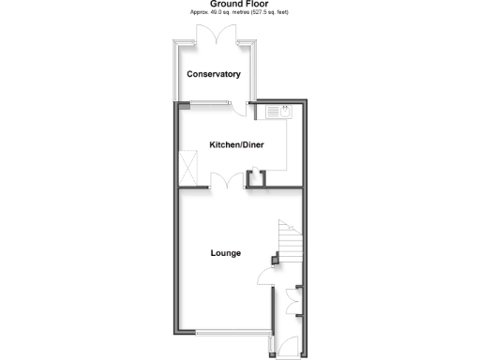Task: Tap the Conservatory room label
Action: click(x=213, y=74)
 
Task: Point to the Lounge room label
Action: click(x=225, y=253)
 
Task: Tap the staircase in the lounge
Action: click(x=289, y=240)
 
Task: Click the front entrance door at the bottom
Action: click(x=287, y=345)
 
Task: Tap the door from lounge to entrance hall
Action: click(x=265, y=278)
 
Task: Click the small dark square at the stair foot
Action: click(x=274, y=258)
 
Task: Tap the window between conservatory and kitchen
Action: click(x=214, y=100)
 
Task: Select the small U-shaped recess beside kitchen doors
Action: click(x=253, y=176)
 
